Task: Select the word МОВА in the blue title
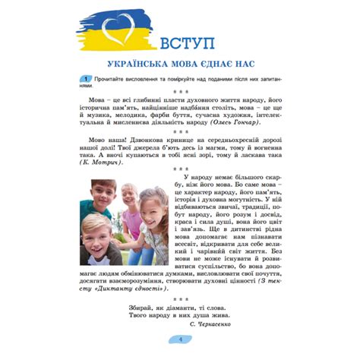pos(187,65)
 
